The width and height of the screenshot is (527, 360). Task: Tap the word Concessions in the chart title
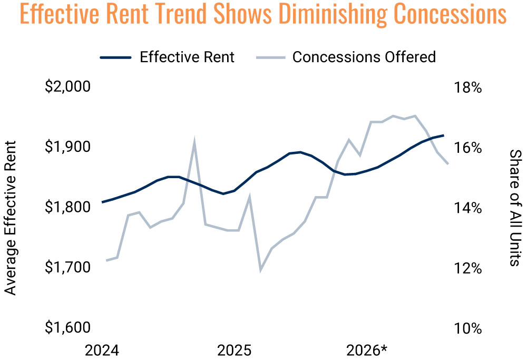450,14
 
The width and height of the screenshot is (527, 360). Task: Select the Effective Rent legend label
187,57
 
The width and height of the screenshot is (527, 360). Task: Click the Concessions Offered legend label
364,57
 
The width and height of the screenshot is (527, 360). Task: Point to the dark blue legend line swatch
115,57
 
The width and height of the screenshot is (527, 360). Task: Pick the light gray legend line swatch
271,57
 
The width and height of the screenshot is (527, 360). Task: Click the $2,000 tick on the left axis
68,87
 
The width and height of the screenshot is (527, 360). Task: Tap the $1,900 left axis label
68,147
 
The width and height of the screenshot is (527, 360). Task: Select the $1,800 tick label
68,207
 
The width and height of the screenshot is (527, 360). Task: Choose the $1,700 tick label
68,267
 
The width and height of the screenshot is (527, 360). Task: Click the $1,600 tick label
68,327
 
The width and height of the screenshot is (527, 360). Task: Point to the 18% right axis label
468,87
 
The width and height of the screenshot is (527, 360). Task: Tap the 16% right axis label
468,148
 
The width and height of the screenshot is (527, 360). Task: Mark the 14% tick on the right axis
468,208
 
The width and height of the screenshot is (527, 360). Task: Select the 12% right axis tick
468,268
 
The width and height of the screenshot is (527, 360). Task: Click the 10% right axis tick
468,328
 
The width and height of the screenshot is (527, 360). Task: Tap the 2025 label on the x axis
235,351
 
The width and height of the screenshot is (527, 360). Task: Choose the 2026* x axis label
367,351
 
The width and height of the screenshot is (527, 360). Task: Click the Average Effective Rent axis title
11,218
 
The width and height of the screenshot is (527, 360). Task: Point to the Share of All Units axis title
516,208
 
